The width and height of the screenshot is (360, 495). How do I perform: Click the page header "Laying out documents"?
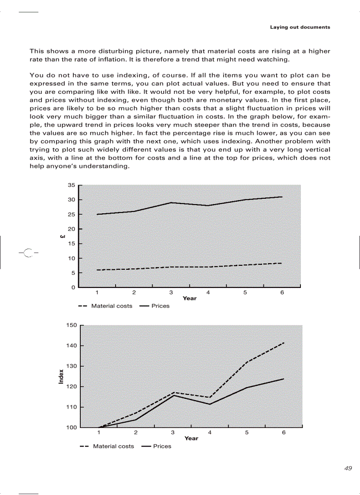pyautogui.click(x=300, y=27)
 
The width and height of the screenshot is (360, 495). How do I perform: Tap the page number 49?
pyautogui.click(x=348, y=469)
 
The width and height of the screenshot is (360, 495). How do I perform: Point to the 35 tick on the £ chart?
pyautogui.click(x=71, y=185)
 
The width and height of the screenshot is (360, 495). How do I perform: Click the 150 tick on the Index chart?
pyautogui.click(x=71, y=325)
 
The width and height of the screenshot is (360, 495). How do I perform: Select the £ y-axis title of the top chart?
pyautogui.click(x=63, y=237)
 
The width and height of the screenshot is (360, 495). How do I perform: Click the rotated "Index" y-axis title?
pyautogui.click(x=61, y=376)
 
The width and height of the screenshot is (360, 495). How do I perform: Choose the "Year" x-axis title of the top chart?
pyautogui.click(x=190, y=298)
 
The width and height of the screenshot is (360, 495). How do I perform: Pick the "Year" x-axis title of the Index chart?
pyautogui.click(x=191, y=438)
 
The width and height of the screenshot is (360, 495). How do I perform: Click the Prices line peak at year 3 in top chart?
pyautogui.click(x=171, y=203)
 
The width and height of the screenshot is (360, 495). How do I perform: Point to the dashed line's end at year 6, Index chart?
pyautogui.click(x=284, y=342)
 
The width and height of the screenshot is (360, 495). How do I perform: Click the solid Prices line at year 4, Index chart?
pyautogui.click(x=210, y=404)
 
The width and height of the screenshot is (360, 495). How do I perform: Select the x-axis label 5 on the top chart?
pyautogui.click(x=245, y=293)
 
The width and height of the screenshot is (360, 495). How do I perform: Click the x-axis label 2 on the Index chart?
pyautogui.click(x=136, y=433)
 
